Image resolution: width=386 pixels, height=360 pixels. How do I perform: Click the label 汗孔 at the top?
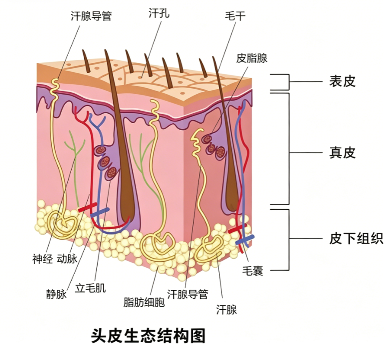coord(159,13)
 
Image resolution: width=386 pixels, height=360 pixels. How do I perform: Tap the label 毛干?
coord(235,16)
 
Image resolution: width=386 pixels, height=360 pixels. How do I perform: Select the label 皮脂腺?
coord(251,58)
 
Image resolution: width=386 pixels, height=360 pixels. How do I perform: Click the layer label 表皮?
coord(342,82)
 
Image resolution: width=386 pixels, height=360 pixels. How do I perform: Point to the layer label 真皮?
coord(342,153)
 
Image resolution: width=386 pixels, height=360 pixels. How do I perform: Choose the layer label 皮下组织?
coord(356,238)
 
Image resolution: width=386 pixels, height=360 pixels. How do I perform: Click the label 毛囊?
coord(253,271)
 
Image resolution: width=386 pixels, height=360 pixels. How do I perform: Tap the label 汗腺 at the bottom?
coord(226,309)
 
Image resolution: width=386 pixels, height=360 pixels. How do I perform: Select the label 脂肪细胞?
coord(144,302)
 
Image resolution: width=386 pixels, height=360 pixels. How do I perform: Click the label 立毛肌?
coord(90,288)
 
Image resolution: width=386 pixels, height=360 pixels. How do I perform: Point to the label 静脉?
coord(56,294)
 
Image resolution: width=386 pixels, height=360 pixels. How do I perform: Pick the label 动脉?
coord(67,259)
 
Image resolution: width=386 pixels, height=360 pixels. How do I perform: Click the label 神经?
coord(43,259)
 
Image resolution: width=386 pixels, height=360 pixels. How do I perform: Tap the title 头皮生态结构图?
coord(148,336)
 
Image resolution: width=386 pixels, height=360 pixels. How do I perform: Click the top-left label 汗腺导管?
coord(91,16)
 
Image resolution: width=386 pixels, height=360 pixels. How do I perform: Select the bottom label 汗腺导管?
coord(188,294)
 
